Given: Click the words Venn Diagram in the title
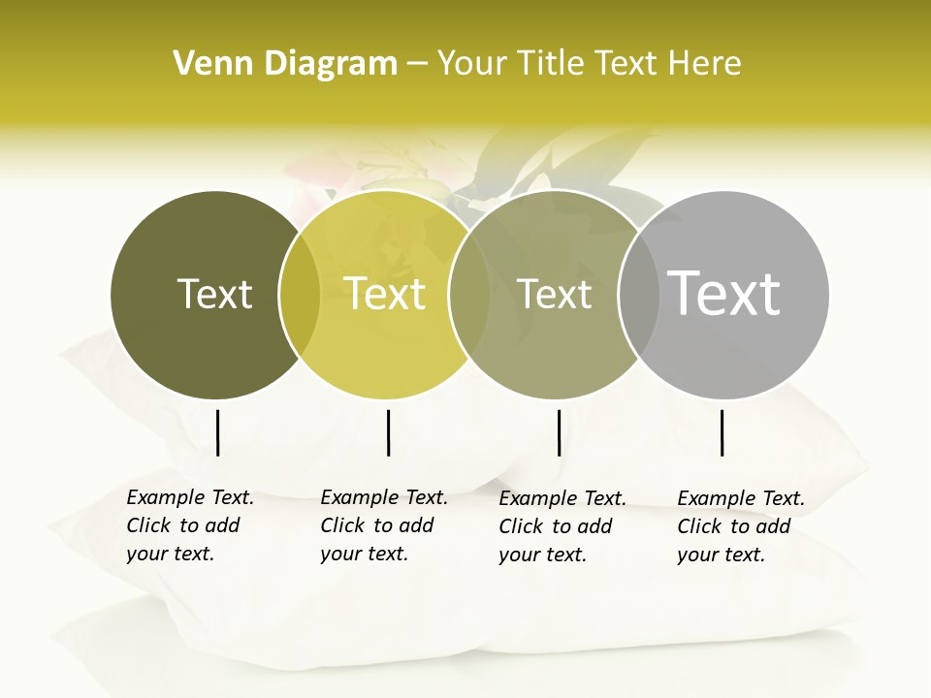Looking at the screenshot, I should point(285,63).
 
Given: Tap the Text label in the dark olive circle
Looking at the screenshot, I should point(214,294).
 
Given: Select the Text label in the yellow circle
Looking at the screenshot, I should point(385,294).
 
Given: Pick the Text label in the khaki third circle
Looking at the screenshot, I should point(554,294).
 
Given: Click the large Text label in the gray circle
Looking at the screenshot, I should point(724,293).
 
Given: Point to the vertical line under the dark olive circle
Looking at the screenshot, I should point(217,432).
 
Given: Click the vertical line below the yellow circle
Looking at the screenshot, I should point(388,432).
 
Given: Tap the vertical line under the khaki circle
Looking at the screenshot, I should point(559,432).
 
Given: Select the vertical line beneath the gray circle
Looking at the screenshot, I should point(722,432).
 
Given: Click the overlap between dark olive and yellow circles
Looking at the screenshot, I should point(300,295).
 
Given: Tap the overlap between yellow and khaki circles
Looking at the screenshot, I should point(469,295).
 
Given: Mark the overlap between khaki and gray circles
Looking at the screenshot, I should point(638,295).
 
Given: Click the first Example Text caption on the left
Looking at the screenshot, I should point(189,525).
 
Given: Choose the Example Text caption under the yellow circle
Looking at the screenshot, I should point(383,525).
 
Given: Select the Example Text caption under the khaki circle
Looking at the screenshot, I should point(562,526).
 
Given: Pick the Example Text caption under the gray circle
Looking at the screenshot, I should point(740,526).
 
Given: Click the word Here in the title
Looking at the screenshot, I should point(705,63).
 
